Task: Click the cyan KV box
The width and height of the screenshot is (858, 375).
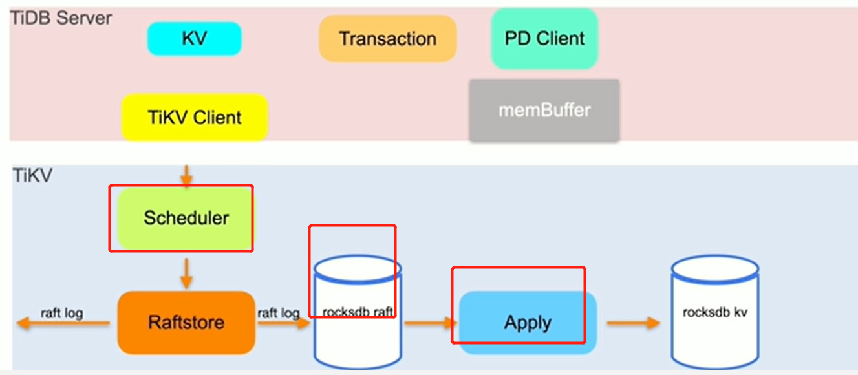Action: coord(194,39)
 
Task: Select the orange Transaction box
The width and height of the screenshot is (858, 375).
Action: coord(387,39)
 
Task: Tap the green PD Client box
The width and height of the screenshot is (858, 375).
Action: coord(544,38)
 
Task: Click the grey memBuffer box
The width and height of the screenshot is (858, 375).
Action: coord(544,110)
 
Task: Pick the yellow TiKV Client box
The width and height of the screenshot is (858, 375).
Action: coord(194,118)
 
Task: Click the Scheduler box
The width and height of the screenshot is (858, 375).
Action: coord(186,218)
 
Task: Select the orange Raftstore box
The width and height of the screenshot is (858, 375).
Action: coord(186,322)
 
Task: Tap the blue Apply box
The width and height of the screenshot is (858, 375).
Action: coord(528,323)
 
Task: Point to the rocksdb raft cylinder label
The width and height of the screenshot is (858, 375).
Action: coord(358,312)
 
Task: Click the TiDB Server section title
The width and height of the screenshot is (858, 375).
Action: coord(61,17)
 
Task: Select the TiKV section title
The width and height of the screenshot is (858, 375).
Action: coord(32,175)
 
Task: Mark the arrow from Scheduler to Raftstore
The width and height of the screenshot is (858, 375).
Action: coord(186,272)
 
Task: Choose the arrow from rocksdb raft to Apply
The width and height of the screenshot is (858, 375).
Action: coord(430,323)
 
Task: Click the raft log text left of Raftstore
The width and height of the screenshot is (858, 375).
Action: coord(62,314)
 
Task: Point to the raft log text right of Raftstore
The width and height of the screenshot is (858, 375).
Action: coord(278,314)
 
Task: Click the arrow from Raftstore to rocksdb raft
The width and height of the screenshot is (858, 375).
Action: coord(284,323)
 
